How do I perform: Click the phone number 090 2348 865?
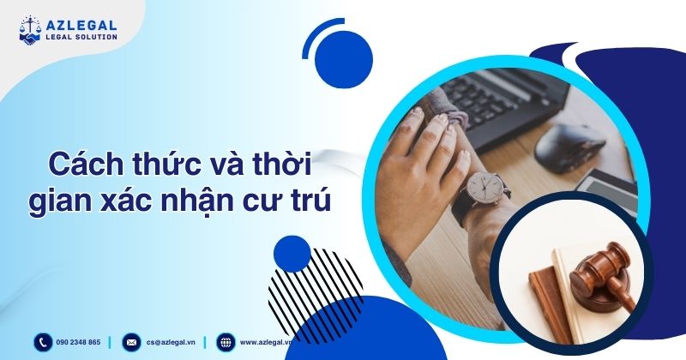[x=80, y=342]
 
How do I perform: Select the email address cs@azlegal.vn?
[x=171, y=342]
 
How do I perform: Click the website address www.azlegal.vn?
[x=266, y=342]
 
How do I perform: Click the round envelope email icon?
[x=131, y=342]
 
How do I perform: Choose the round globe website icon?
[x=225, y=342]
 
